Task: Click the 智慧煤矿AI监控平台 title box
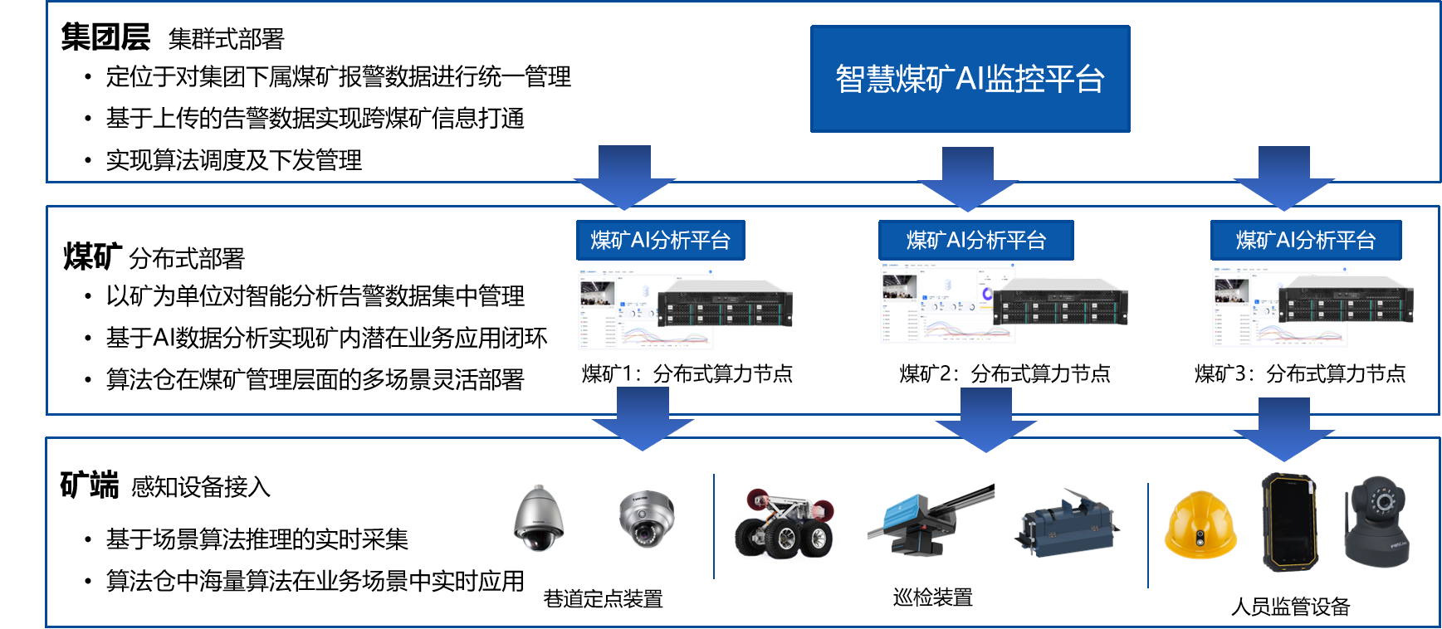pyautogui.click(x=970, y=79)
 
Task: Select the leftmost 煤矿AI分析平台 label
pyautogui.click(x=660, y=241)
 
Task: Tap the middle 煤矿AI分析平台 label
pyautogui.click(x=975, y=241)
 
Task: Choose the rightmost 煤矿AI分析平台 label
pyautogui.click(x=1305, y=241)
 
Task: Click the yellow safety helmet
pyautogui.click(x=1200, y=525)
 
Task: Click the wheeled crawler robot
pyautogui.click(x=784, y=525)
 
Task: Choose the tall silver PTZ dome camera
pyautogui.click(x=539, y=519)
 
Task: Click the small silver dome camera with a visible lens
pyautogui.click(x=647, y=519)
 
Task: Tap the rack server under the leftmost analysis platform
pyautogui.click(x=725, y=304)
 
